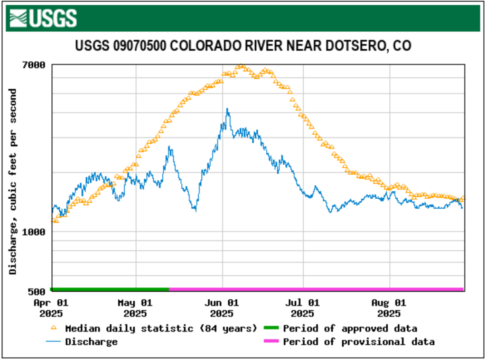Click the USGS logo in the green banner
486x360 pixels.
click(43, 18)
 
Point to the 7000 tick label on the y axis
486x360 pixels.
click(35, 65)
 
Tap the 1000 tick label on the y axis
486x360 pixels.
click(35, 231)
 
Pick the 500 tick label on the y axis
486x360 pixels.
click(37, 291)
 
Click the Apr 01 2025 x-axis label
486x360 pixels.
click(52, 308)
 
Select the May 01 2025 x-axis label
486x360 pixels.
click(136, 308)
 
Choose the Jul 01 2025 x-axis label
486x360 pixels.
click(303, 308)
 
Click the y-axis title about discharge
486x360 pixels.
click(13, 181)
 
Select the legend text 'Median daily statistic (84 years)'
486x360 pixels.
click(161, 328)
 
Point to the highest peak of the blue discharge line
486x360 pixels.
click(227, 109)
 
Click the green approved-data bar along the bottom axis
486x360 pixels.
click(110, 289)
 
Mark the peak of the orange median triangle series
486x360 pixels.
click(241, 66)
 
